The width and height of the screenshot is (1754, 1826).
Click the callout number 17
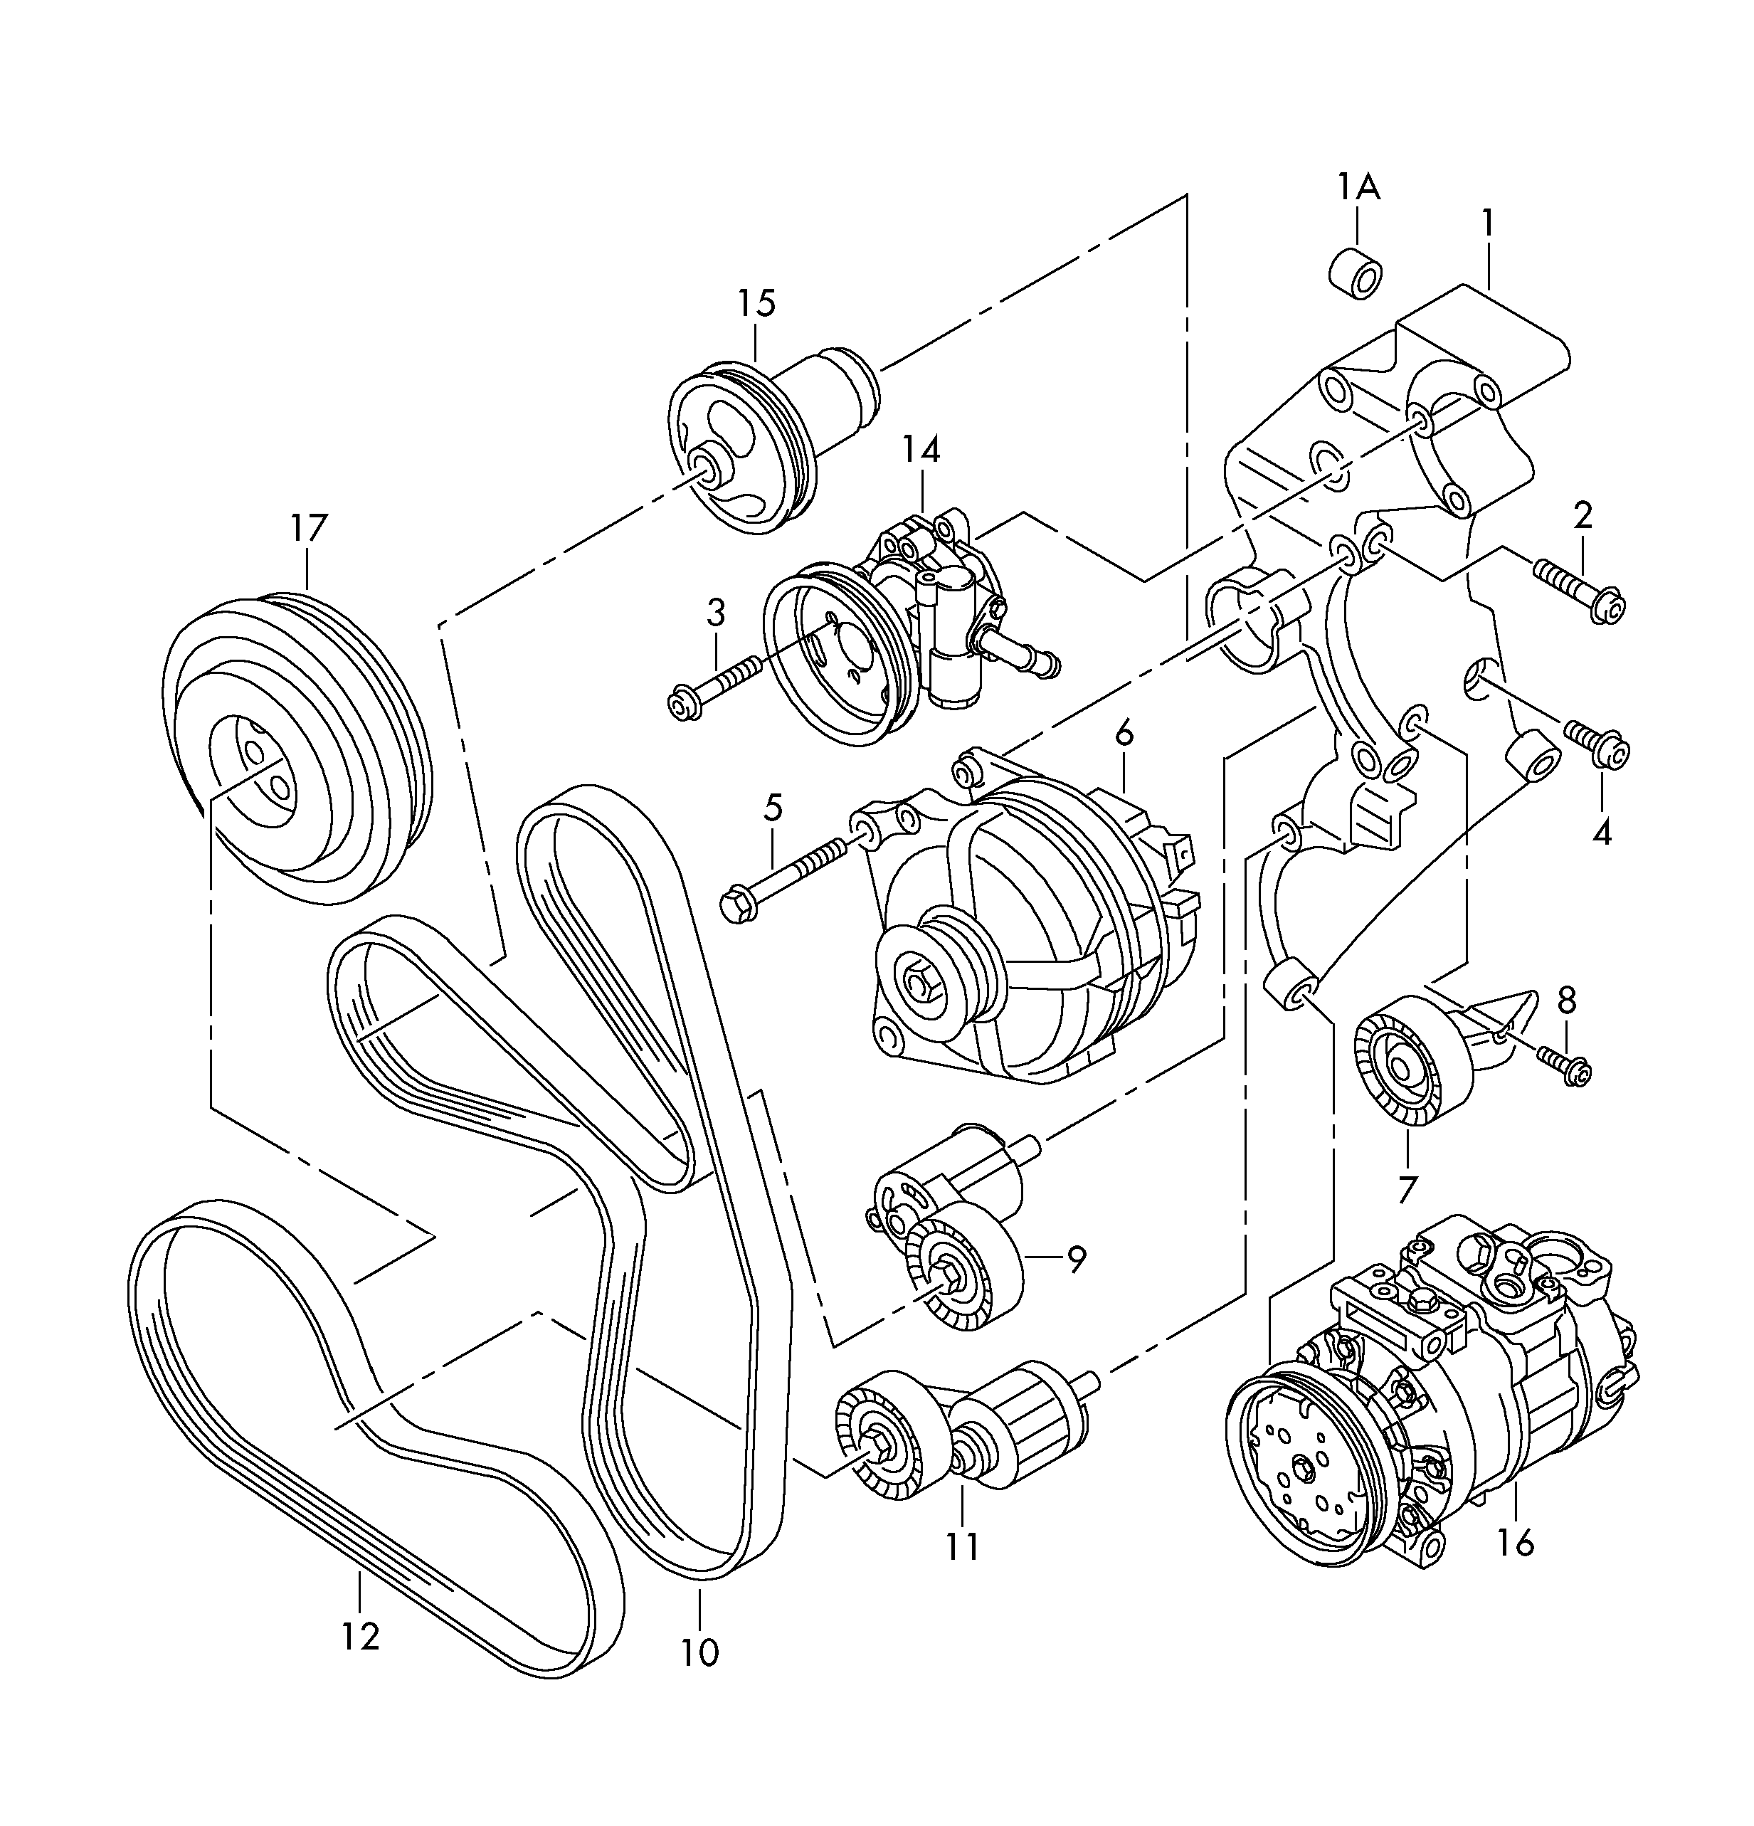tap(308, 528)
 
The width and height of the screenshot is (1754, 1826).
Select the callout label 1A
tap(1358, 187)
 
